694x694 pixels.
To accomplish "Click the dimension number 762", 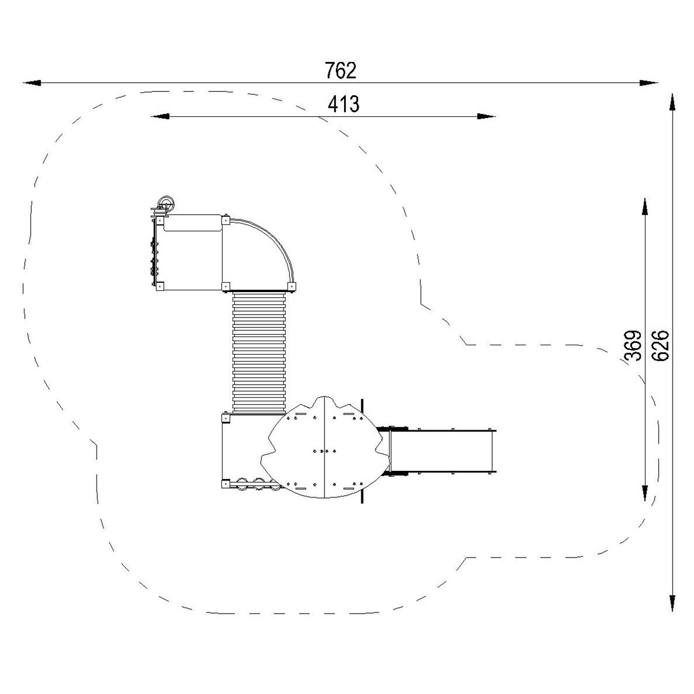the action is pyautogui.click(x=340, y=70).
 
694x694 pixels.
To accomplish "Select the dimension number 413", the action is pyautogui.click(x=343, y=104).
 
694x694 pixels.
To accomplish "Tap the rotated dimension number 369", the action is pyautogui.click(x=633, y=345).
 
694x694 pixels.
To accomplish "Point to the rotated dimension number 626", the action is pyautogui.click(x=660, y=345).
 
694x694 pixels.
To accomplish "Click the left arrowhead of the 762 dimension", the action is pyautogui.click(x=32, y=83).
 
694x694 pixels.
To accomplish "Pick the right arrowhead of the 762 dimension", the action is pyautogui.click(x=649, y=83).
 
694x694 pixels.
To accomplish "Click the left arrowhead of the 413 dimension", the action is pyautogui.click(x=160, y=116).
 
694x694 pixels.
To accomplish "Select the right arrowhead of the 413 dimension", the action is pyautogui.click(x=486, y=116).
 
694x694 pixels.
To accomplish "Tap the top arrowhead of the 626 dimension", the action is pyautogui.click(x=672, y=102).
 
